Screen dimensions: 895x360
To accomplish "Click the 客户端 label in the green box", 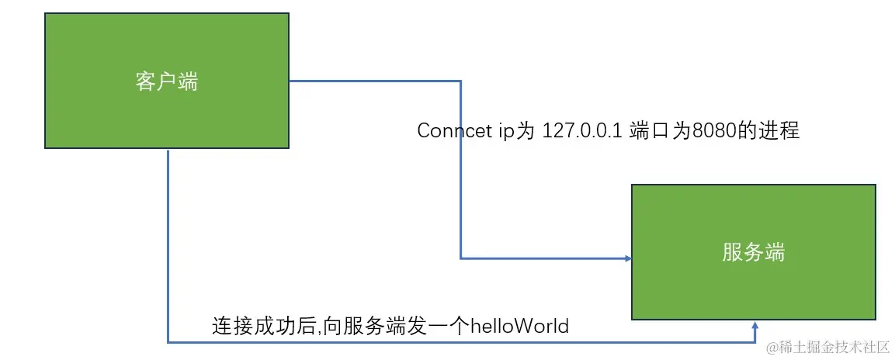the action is [x=167, y=81].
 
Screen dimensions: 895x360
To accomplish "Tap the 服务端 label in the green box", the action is [x=753, y=252].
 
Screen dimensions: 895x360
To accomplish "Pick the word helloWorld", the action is [x=519, y=326].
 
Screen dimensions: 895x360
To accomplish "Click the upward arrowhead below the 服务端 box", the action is [x=755, y=326].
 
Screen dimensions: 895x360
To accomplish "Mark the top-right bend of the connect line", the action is [x=461, y=80].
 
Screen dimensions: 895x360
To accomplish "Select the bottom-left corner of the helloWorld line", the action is [x=168, y=341].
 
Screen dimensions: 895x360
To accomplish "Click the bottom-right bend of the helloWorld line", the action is [x=755, y=341].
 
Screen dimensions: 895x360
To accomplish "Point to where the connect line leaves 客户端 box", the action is [x=290, y=80].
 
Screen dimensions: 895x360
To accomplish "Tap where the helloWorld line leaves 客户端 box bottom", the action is [x=168, y=150].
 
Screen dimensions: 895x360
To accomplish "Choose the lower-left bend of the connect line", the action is [x=461, y=258].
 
